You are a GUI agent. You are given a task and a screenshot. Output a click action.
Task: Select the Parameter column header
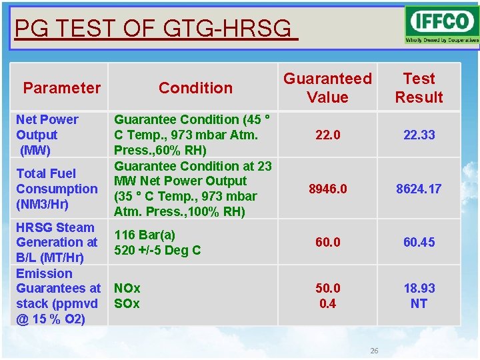tap(61, 88)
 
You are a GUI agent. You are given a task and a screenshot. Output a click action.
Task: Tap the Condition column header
tap(195, 88)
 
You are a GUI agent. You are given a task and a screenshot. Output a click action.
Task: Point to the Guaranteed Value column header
tap(327, 88)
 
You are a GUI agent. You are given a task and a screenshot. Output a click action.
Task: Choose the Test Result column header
tap(419, 88)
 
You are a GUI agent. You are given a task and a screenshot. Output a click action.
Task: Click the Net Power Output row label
tap(47, 135)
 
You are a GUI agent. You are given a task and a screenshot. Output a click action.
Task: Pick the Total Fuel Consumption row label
tap(57, 189)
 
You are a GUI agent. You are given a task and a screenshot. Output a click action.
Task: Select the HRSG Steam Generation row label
tap(57, 242)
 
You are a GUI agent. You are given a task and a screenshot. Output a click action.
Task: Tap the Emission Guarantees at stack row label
tap(58, 296)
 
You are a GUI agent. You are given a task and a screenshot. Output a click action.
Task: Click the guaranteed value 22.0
tap(327, 135)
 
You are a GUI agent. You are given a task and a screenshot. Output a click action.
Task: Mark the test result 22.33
tap(419, 135)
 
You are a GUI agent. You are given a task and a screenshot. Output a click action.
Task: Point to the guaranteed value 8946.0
tap(327, 189)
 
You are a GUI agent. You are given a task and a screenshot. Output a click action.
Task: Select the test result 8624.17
tap(419, 189)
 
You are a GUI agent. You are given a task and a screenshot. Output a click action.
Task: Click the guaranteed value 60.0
tap(327, 242)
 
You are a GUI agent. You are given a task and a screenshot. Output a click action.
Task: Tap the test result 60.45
tap(419, 242)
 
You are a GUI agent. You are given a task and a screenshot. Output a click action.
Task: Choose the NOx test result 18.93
tap(419, 288)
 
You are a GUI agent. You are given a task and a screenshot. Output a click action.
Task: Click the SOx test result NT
tap(419, 303)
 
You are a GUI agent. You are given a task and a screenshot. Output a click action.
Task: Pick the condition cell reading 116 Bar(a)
tap(145, 235)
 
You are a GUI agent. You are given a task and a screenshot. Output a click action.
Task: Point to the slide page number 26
tap(374, 351)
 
